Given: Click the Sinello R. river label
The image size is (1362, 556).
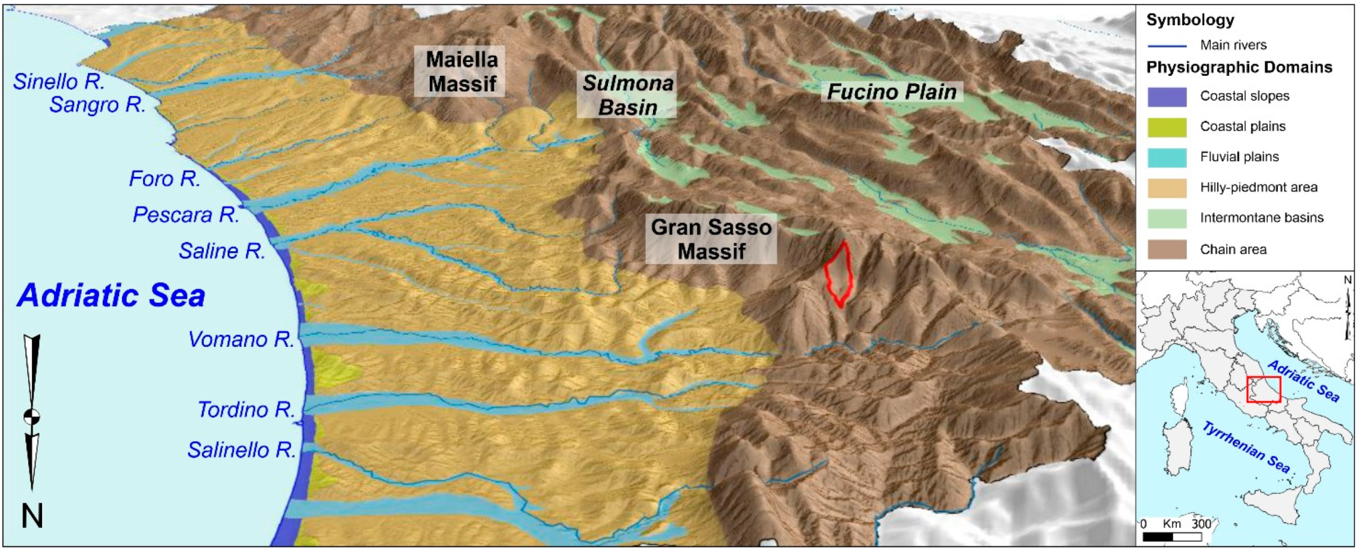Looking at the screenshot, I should (x=59, y=81).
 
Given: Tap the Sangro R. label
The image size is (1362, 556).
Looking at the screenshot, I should (x=97, y=105).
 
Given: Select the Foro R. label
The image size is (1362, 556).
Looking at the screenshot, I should (x=164, y=179).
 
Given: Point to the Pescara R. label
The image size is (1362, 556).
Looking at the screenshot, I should (x=186, y=215).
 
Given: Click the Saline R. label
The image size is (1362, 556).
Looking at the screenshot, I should (x=222, y=251).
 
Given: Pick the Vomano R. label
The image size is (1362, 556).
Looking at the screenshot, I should (x=241, y=339).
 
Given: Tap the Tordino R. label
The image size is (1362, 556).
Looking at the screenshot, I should (x=247, y=409).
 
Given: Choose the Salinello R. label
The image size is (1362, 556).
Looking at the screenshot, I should (x=242, y=450).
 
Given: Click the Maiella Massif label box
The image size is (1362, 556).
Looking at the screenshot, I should (x=461, y=72).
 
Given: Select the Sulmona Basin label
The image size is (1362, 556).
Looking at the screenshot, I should (x=627, y=95).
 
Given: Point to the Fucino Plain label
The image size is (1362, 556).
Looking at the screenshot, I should (x=892, y=92).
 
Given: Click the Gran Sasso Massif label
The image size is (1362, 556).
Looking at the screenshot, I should (x=711, y=239).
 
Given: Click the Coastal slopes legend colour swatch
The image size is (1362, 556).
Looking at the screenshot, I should (x=1167, y=97).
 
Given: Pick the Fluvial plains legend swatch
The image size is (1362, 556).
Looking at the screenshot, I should (x=1167, y=157).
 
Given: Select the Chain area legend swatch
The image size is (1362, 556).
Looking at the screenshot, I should (x=1167, y=249).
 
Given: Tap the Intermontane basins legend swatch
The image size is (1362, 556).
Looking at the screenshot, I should (x=1167, y=218).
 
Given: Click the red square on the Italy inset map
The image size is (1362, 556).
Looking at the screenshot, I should (x=1263, y=390).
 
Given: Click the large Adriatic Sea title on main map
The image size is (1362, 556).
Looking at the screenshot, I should (x=111, y=296).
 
